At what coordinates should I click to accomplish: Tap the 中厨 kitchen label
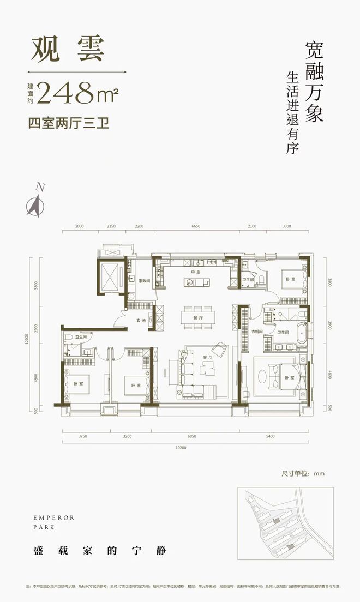[196, 272]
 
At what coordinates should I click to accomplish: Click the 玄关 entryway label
[140, 321]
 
